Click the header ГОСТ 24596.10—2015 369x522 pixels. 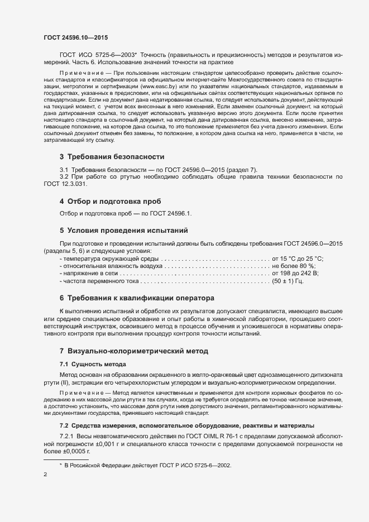[x=76, y=37]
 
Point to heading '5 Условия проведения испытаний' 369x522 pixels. [x=123, y=230]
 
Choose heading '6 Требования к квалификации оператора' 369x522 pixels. [x=137, y=298]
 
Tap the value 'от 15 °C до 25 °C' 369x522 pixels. [x=298, y=259]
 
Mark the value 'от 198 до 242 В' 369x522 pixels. [x=295, y=274]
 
